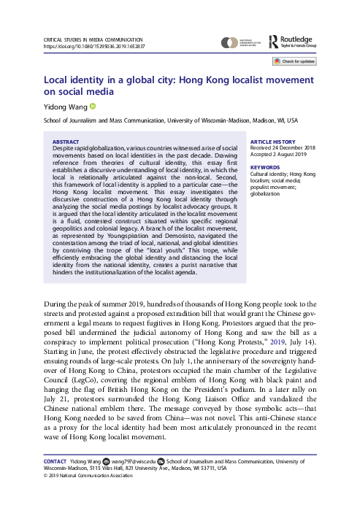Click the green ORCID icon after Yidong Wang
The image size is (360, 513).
[x=93, y=107]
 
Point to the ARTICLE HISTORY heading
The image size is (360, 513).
[x=273, y=142]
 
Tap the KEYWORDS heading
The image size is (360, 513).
[x=265, y=167]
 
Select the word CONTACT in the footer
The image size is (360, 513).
[x=55, y=463]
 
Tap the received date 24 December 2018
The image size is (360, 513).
[x=287, y=149]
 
